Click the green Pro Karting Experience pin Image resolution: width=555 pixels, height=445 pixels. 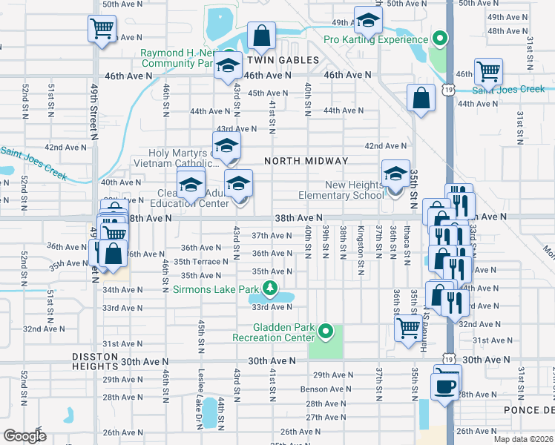tap(440, 38)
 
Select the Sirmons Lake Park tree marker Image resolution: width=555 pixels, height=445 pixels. tap(271, 289)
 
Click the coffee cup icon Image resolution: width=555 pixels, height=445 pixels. tap(445, 386)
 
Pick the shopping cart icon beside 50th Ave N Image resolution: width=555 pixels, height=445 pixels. tap(102, 29)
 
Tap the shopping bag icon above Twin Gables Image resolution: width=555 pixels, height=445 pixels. tap(262, 35)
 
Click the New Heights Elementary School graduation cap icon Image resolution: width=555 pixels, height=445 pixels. tap(395, 175)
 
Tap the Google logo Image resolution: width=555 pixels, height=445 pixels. tap(24, 436)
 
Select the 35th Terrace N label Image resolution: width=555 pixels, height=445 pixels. tap(201, 262)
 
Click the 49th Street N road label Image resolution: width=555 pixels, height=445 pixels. tap(94, 112)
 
